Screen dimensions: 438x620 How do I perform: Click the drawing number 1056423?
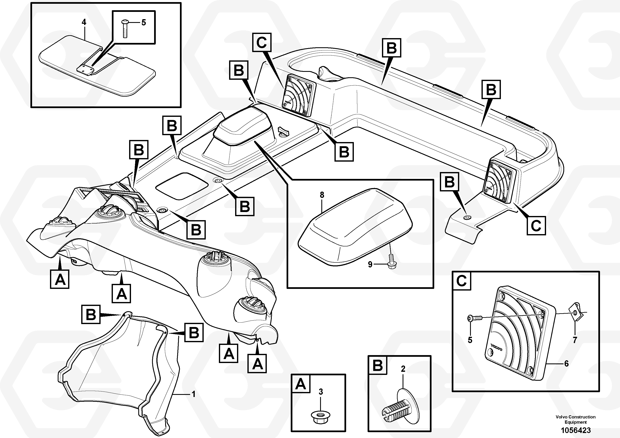(575, 430)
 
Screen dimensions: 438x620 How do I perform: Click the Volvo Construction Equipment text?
(575, 419)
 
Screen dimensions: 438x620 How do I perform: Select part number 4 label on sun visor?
(84, 22)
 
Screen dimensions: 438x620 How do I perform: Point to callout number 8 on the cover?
(322, 195)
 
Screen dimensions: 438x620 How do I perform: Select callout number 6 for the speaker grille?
(566, 364)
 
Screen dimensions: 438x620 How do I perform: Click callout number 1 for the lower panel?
(193, 394)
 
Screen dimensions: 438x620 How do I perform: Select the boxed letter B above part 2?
(378, 365)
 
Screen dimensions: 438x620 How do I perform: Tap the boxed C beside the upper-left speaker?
(262, 42)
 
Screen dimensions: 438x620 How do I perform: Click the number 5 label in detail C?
(470, 340)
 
